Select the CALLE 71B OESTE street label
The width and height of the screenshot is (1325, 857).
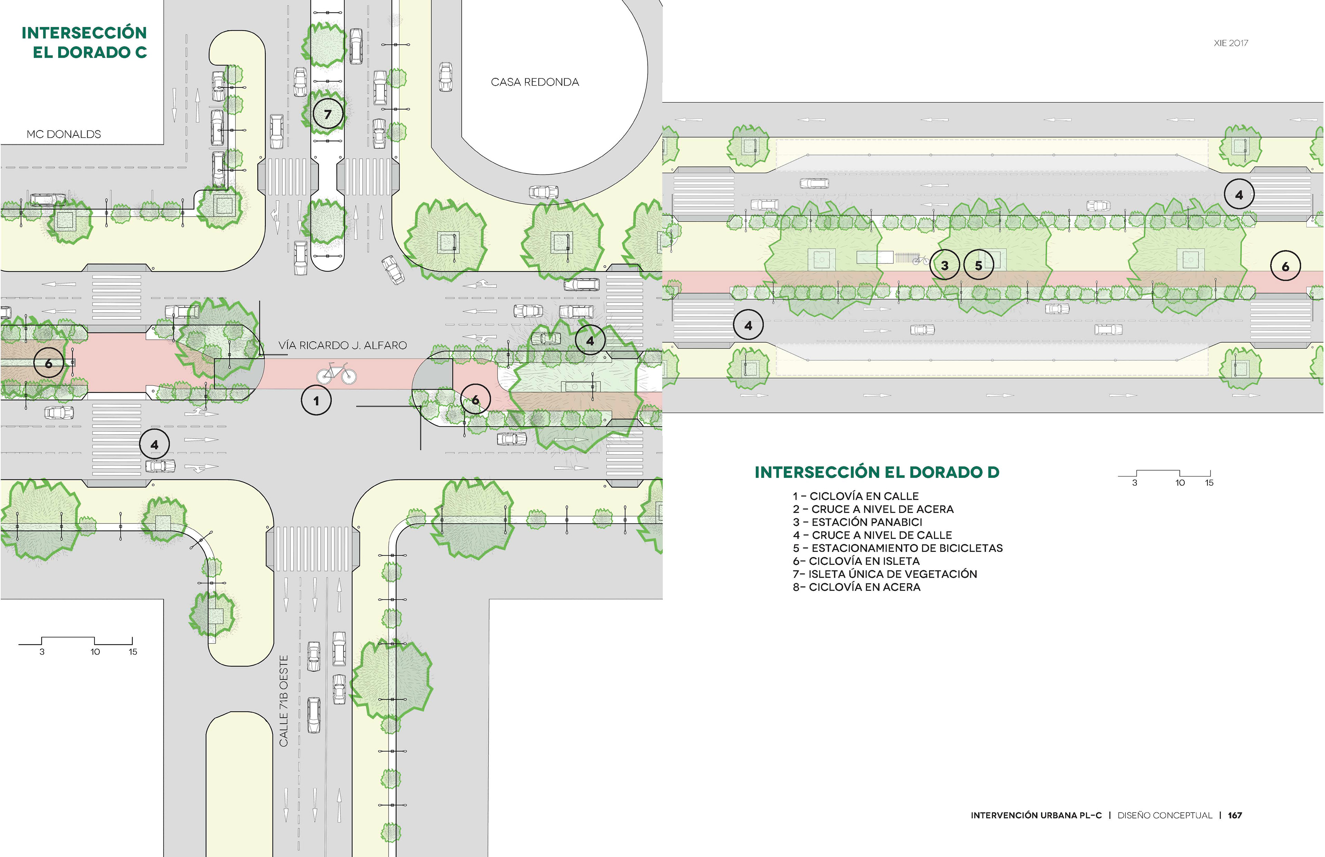tap(284, 701)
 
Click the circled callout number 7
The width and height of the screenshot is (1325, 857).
tap(327, 114)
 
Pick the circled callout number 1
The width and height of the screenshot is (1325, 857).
tap(316, 401)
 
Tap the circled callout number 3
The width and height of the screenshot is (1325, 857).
tap(944, 266)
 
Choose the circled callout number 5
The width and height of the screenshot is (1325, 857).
tap(978, 266)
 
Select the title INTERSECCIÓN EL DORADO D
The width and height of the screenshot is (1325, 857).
tap(877, 472)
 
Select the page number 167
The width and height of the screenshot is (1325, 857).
tap(1235, 815)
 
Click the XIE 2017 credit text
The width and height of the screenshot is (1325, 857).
tap(1231, 43)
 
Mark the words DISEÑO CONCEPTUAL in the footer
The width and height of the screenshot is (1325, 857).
tap(1165, 815)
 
